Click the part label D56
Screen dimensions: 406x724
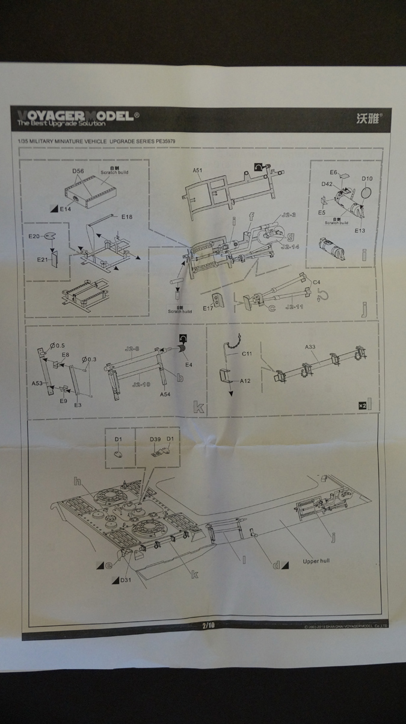point(78,171)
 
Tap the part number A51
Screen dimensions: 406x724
point(197,170)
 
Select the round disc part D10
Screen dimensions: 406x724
point(367,179)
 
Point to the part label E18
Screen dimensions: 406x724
point(126,216)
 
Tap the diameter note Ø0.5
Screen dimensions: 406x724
point(58,345)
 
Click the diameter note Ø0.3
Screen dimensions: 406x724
point(89,360)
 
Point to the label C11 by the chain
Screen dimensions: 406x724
point(247,354)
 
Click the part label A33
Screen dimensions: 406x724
point(310,347)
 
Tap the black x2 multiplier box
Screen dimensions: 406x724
point(361,405)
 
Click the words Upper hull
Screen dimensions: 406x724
point(316,560)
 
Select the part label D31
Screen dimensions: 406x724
point(125,580)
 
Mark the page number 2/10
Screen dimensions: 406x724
point(208,625)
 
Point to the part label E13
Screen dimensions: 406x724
point(360,230)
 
